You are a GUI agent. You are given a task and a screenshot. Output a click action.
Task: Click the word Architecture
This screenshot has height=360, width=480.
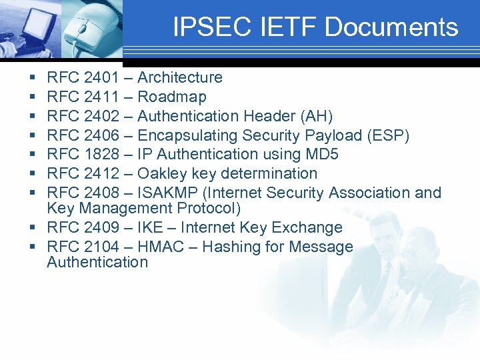click(179, 78)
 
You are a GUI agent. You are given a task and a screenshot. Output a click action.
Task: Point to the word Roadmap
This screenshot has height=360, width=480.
click(171, 97)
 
